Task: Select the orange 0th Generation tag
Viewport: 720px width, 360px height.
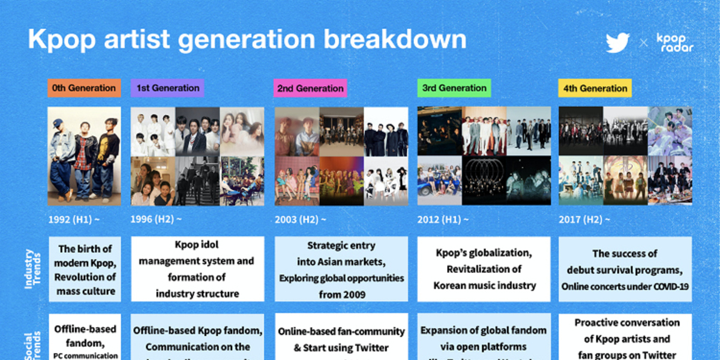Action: [84, 88]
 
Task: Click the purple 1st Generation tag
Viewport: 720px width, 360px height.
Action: [167, 88]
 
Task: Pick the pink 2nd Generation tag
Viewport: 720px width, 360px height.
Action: [310, 88]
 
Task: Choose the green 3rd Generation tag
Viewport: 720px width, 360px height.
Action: [454, 88]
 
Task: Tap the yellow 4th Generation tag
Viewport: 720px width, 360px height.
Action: [595, 88]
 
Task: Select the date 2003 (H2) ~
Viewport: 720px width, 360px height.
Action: [301, 220]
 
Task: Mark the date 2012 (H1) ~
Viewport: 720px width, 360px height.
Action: [443, 220]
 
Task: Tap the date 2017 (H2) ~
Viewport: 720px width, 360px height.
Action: [584, 220]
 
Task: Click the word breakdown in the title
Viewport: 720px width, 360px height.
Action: [395, 40]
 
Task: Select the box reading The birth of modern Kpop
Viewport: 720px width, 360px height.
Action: [85, 269]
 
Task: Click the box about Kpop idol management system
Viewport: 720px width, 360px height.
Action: [197, 269]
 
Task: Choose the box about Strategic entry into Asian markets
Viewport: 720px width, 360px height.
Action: [341, 269]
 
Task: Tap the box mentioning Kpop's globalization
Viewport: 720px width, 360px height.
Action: [484, 269]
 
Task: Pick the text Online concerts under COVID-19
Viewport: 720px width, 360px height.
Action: [625, 287]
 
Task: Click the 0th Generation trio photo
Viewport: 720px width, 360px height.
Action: [85, 157]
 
